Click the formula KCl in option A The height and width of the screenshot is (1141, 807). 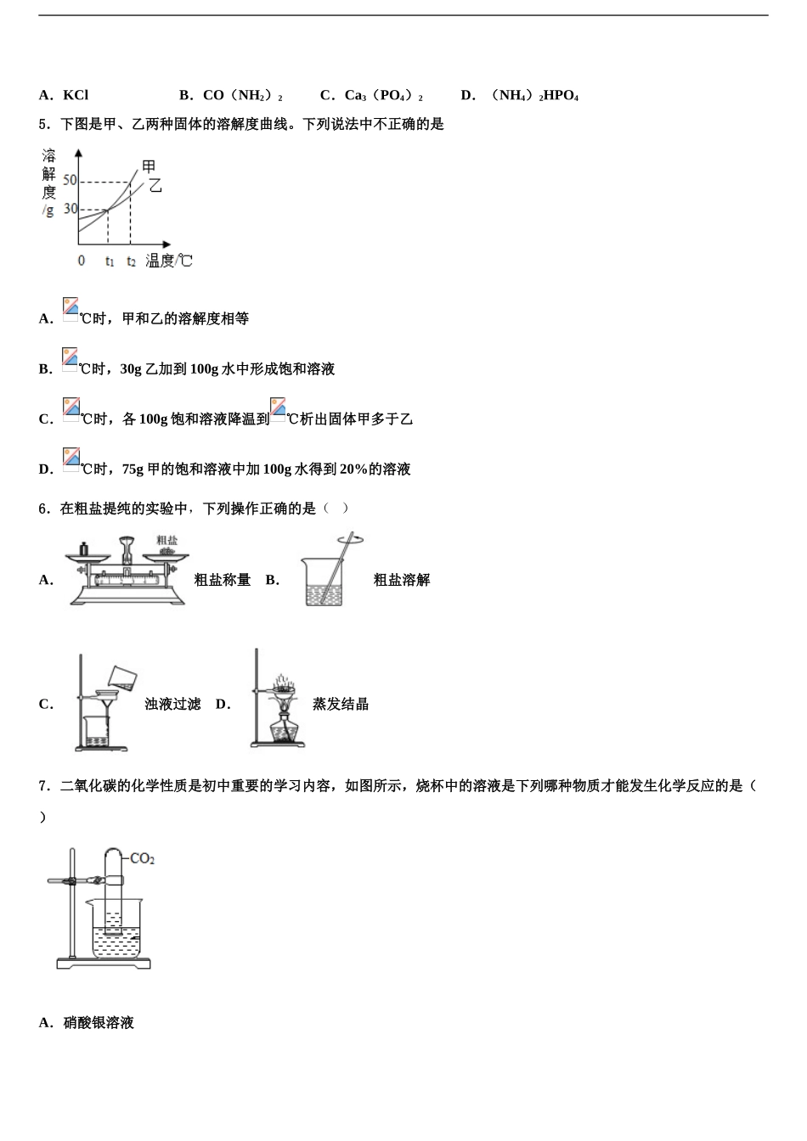[x=76, y=95]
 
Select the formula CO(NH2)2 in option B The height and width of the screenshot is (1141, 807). [x=242, y=95]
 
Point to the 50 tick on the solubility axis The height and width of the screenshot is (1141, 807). [x=70, y=180]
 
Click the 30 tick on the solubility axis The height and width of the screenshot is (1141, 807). [x=70, y=209]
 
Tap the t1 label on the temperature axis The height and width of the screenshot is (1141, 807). [x=110, y=261]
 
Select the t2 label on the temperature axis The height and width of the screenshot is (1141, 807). [x=131, y=261]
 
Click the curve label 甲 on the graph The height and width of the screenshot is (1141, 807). [x=149, y=167]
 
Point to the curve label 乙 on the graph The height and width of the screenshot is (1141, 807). [x=155, y=185]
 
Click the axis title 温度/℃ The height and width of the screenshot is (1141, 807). [x=169, y=261]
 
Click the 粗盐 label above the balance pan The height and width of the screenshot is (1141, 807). [x=166, y=540]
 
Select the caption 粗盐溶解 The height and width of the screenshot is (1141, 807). [x=402, y=580]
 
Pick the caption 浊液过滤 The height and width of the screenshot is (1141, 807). [x=172, y=704]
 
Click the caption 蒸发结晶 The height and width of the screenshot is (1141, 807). [x=341, y=704]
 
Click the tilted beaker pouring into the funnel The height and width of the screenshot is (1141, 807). [x=122, y=677]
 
